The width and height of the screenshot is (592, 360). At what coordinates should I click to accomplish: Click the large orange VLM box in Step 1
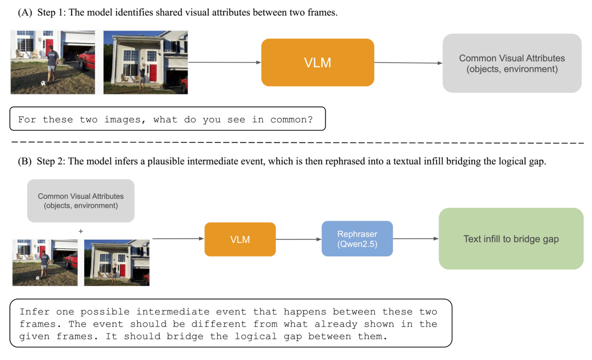click(317, 62)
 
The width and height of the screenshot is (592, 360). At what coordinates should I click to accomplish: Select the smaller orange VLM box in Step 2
click(240, 239)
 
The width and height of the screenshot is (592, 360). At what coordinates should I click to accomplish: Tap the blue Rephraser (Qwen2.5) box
click(357, 239)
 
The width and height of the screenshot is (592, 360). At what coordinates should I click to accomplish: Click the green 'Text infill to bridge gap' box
click(511, 239)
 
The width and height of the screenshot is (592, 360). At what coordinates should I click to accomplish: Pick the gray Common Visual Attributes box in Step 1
click(512, 63)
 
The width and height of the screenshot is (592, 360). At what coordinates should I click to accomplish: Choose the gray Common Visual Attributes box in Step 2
click(81, 201)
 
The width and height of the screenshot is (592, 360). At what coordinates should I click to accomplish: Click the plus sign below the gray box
click(81, 232)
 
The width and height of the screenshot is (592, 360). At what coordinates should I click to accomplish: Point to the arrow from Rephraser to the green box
click(415, 239)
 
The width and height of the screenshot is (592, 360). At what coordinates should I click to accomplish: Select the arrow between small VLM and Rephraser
click(298, 239)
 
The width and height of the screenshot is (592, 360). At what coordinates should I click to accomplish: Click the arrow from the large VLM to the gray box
click(408, 63)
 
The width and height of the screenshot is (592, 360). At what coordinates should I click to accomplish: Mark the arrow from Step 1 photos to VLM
click(224, 62)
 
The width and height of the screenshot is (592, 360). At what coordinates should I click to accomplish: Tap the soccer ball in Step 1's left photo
click(43, 84)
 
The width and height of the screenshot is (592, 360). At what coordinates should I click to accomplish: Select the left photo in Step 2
click(45, 262)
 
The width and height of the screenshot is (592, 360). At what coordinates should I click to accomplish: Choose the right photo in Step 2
click(117, 262)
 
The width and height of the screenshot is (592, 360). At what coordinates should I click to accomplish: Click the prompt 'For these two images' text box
click(167, 119)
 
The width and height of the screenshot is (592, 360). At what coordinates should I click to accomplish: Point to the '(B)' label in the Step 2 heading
click(25, 162)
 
